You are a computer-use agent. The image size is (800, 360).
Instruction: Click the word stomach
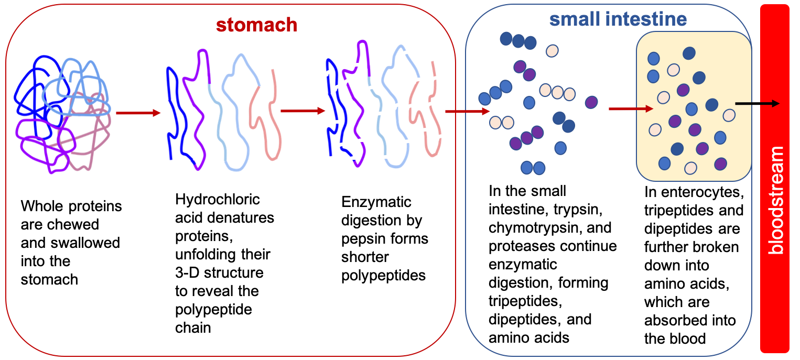[x=256, y=25]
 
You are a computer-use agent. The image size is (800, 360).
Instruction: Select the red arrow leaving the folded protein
[x=138, y=113]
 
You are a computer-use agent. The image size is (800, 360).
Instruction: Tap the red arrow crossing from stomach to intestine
[x=467, y=112]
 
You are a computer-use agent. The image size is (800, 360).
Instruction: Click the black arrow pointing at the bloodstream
[x=757, y=104]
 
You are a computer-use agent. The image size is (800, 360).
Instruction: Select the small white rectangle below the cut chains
[x=385, y=189]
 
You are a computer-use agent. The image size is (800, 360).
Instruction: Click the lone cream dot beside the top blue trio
[x=552, y=51]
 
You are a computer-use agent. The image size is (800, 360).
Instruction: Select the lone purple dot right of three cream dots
[x=591, y=102]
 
